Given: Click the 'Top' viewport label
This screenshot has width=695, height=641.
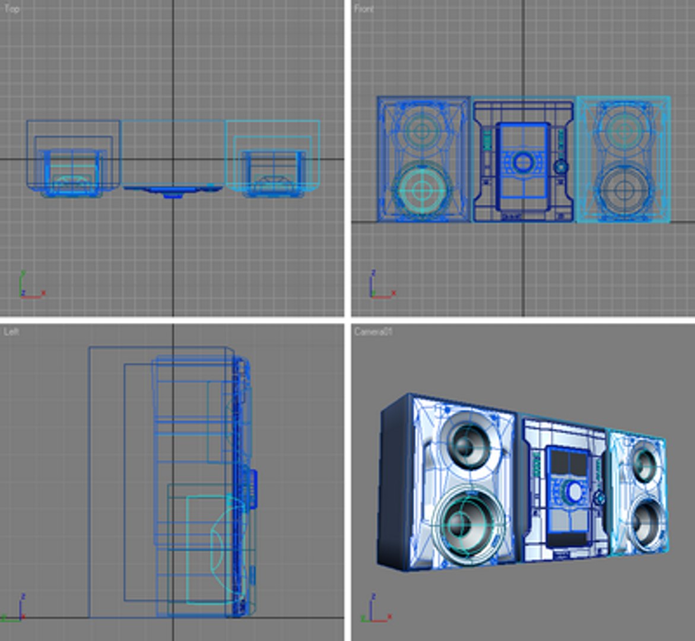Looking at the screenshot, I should tap(12, 9).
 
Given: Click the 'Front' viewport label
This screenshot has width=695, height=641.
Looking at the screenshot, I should tap(364, 9).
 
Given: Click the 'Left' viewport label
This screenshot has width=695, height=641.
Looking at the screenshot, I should tap(11, 332).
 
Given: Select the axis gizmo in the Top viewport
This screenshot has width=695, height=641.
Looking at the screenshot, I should tap(29, 287).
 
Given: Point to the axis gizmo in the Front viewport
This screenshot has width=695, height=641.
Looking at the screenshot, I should tap(379, 286).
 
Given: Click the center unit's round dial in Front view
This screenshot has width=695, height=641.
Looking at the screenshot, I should tap(523, 161).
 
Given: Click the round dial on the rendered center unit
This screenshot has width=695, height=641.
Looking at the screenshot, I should tap(573, 491).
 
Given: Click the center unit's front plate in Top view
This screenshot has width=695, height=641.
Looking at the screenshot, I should tap(173, 189).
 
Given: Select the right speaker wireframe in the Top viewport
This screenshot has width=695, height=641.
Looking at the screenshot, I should tap(273, 157).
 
